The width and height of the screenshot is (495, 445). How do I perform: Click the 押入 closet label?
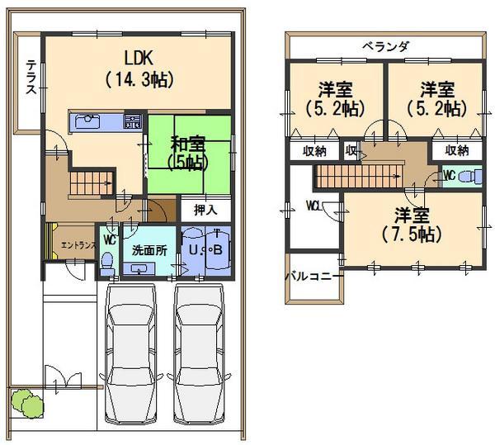(x=205, y=211)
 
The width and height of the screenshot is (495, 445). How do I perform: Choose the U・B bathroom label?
(x=205, y=249)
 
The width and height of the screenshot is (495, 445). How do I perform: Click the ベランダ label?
(x=385, y=46)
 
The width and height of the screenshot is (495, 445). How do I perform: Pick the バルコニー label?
(x=314, y=277)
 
